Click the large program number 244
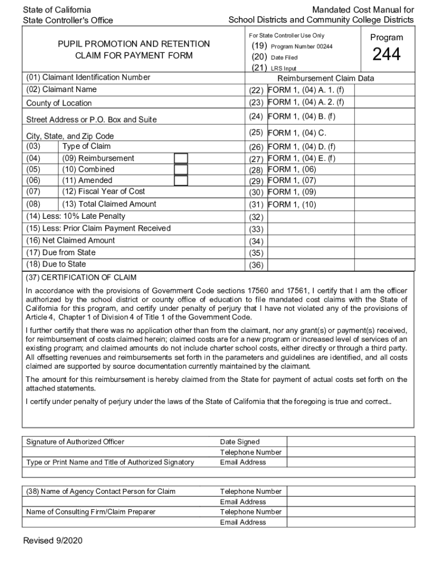386,55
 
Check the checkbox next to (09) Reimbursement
181,158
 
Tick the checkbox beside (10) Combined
181,169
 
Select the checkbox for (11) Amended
181,181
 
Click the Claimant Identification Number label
88,77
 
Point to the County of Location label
59,103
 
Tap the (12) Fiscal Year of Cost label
104,192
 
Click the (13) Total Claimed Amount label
109,204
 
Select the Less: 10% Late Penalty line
76,217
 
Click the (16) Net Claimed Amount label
71,240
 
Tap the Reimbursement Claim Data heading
325,79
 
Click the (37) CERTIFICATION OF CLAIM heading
81,277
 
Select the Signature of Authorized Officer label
75,442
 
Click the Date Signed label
239,442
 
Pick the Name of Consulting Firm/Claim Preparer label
90,512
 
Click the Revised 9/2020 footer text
52,541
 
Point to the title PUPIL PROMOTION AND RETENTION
134,44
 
